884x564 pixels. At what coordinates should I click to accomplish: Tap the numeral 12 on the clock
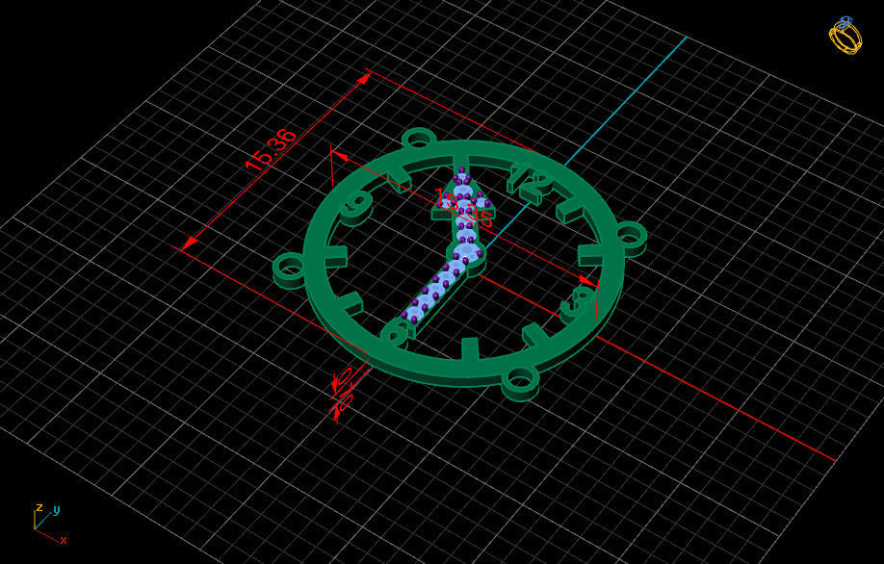tap(531, 178)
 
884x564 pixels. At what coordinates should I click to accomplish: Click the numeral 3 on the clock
tap(578, 303)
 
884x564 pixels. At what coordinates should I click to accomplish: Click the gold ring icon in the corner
tap(845, 36)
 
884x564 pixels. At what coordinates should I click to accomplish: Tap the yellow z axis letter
tap(39, 507)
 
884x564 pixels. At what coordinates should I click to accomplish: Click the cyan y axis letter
tap(57, 509)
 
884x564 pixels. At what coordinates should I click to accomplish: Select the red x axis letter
tap(64, 540)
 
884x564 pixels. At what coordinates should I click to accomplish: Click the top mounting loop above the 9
tap(419, 140)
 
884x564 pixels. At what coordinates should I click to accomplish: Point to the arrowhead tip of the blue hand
tap(461, 174)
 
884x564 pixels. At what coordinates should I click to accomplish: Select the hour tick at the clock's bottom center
tap(470, 348)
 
